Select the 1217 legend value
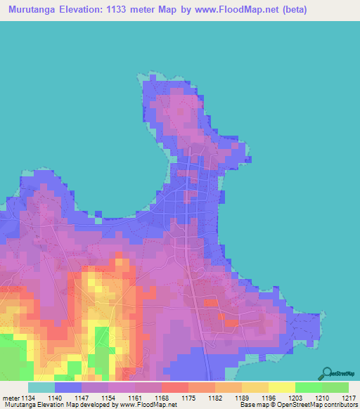(x=349, y=397)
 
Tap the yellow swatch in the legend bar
(x=282, y=387)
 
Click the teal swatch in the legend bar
(x=41, y=387)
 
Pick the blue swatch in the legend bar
(x=67, y=387)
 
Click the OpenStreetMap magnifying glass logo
(x=326, y=374)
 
